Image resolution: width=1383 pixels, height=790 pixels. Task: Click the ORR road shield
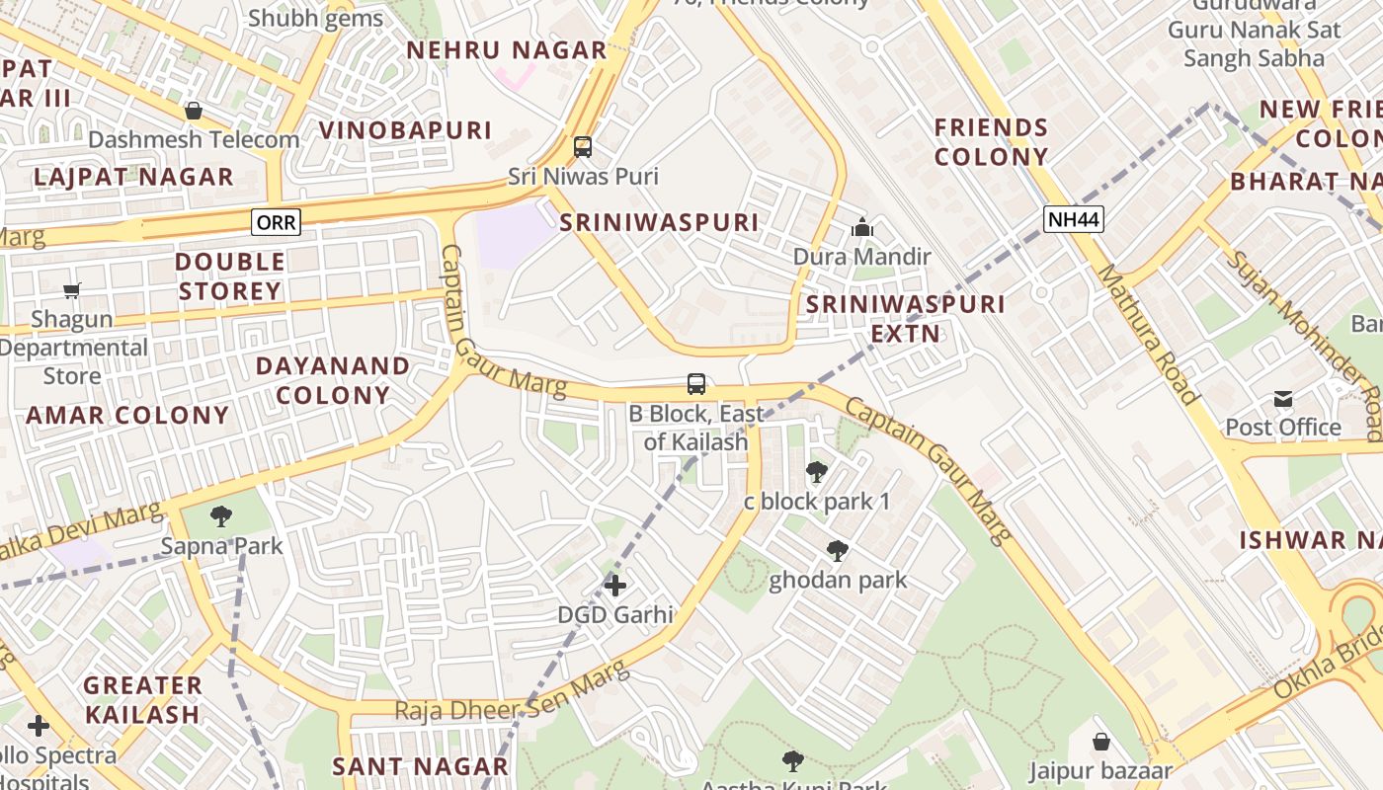(x=276, y=222)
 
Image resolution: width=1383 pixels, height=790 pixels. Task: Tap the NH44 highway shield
(x=1073, y=219)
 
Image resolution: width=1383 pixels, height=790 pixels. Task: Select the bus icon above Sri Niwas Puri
(x=583, y=147)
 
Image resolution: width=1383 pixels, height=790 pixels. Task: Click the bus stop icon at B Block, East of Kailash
(x=696, y=384)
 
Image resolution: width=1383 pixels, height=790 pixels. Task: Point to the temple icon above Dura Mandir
(x=862, y=228)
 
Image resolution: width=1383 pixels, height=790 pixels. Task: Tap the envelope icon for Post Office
(x=1283, y=399)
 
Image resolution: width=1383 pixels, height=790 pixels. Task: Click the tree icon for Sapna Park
(x=221, y=515)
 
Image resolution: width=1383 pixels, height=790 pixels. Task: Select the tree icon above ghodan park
(x=838, y=551)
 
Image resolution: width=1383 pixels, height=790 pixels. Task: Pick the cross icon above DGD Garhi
(x=615, y=586)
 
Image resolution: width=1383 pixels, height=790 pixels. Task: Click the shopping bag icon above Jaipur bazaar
(x=1101, y=742)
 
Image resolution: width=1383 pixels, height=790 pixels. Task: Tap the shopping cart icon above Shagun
(x=72, y=290)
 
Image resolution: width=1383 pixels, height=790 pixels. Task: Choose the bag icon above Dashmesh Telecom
(x=194, y=111)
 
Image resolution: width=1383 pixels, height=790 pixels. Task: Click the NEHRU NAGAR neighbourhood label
(x=506, y=50)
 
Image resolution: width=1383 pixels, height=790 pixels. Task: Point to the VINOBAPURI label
(x=405, y=130)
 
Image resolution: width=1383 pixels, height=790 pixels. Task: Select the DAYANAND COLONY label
(x=333, y=380)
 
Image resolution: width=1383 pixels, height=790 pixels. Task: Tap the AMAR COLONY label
(x=127, y=415)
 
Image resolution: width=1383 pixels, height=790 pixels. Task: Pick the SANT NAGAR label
(x=420, y=766)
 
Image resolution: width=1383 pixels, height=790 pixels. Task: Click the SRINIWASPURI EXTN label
(x=905, y=318)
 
